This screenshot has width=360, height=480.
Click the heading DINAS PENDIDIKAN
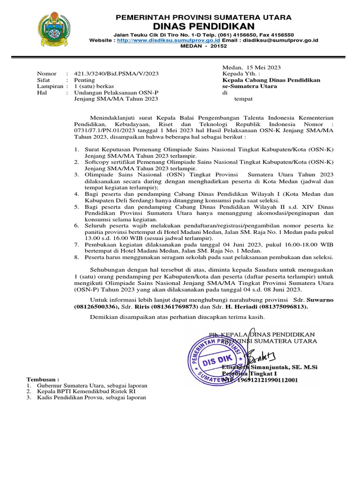(x=203, y=26)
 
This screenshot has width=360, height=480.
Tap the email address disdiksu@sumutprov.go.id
(x=280, y=40)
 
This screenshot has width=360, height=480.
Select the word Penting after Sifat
(x=85, y=80)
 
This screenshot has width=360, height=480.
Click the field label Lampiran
(x=50, y=86)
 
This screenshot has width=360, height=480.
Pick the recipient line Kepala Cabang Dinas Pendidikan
(x=271, y=80)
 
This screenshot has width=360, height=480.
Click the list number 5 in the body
(x=77, y=205)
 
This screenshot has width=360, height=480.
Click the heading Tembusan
(x=43, y=379)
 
